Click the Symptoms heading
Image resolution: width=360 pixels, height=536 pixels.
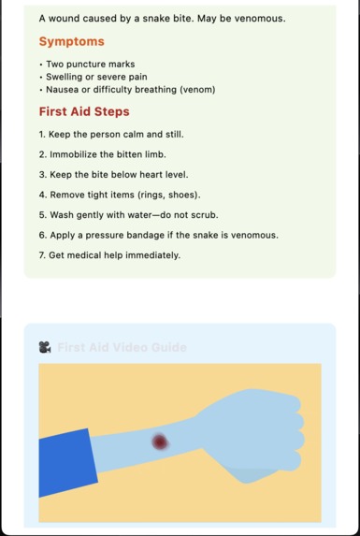click(71, 41)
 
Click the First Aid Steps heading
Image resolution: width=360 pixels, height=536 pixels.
click(84, 111)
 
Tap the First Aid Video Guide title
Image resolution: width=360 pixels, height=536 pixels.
click(122, 347)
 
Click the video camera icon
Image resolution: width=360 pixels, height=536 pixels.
click(45, 347)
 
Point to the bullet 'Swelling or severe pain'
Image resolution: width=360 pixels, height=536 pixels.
click(96, 77)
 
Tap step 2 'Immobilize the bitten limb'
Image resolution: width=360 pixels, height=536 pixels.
click(103, 154)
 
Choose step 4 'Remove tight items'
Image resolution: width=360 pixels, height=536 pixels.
click(120, 195)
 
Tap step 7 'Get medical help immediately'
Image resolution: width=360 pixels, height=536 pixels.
click(109, 255)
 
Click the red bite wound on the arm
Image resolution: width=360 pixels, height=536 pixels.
click(160, 441)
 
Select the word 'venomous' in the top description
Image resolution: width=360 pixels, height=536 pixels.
click(253, 19)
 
